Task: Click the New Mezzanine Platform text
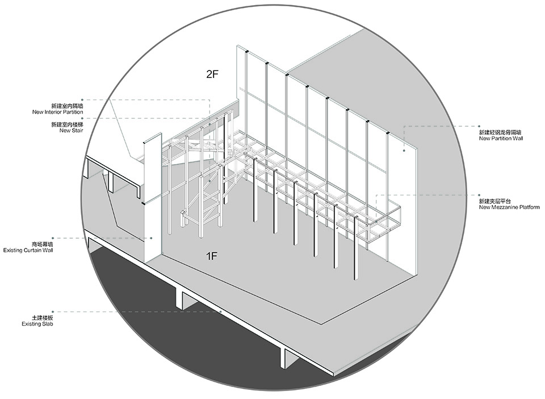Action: (x=509, y=207)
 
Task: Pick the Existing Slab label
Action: (x=37, y=324)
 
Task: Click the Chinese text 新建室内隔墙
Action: (x=67, y=106)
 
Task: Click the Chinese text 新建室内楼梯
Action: (x=67, y=124)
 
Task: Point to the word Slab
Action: (x=46, y=324)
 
